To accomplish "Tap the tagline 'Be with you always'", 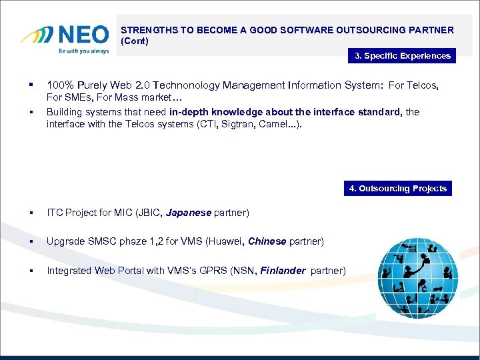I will click(x=84, y=51).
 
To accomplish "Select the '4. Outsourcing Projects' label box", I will click(x=398, y=189).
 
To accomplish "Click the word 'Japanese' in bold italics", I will click(x=189, y=213).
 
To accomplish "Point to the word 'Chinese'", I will click(x=267, y=241).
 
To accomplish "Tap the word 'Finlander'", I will click(x=281, y=270).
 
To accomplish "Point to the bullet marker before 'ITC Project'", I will click(x=31, y=213).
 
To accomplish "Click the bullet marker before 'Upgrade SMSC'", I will click(x=31, y=241).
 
